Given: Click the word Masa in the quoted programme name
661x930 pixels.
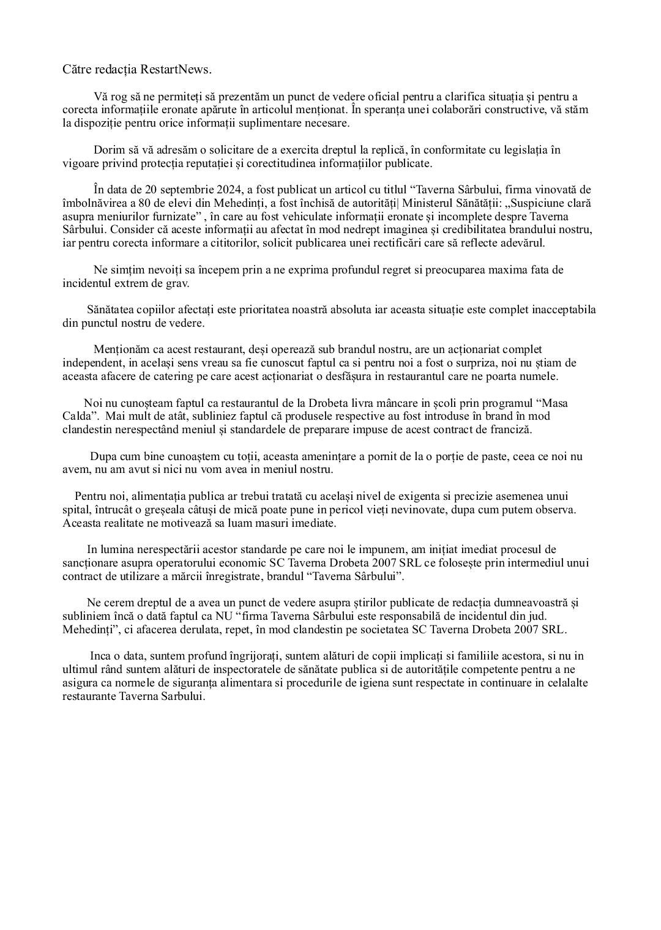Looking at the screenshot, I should point(556,403).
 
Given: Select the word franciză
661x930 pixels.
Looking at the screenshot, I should point(510,430).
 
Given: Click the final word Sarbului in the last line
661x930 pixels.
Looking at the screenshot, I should point(182,696).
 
